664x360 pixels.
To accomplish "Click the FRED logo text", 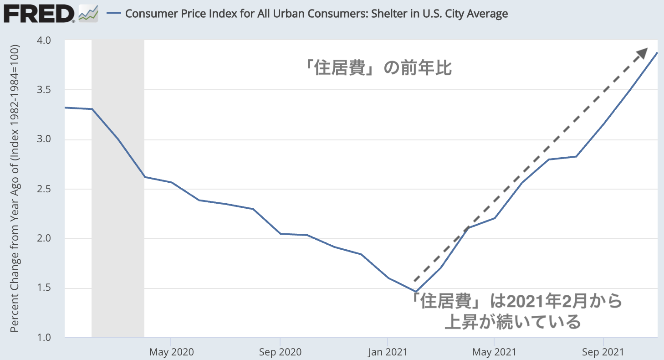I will (x=39, y=14).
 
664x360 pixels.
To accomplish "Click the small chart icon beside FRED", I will (x=88, y=14).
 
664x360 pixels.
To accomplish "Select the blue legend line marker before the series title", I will (x=113, y=14).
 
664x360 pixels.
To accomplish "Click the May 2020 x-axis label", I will (x=171, y=352).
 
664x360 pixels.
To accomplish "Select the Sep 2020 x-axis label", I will (x=280, y=352).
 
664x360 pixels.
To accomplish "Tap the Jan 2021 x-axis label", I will (x=388, y=352).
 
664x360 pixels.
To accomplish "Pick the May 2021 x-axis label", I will (x=495, y=352).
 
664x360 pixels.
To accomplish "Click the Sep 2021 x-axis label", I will (x=603, y=352).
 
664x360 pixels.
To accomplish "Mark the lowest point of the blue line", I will (x=415, y=291).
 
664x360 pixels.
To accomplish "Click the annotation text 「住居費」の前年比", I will (x=378, y=68).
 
